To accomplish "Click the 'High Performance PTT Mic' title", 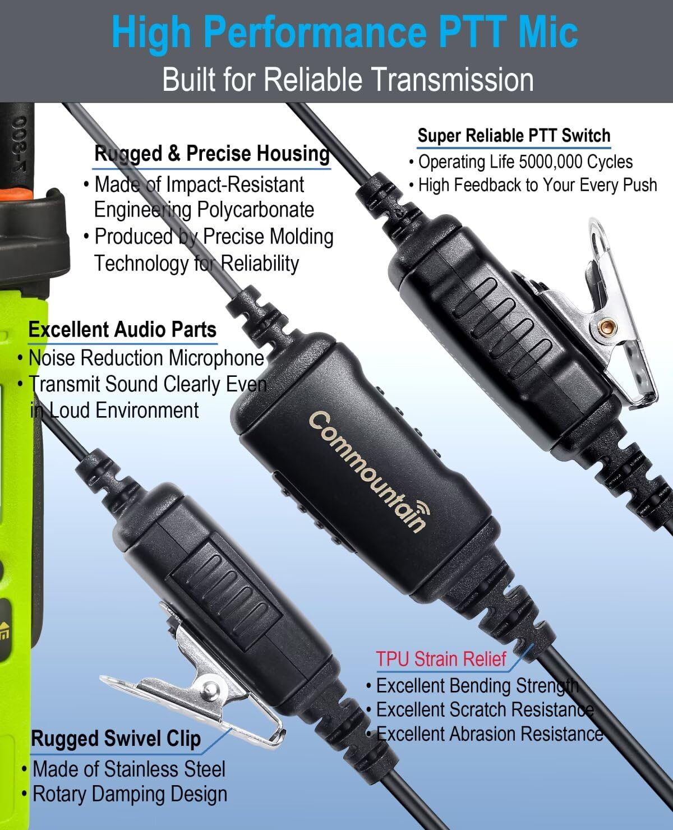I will click(x=344, y=33).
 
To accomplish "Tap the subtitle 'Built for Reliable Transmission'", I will click(x=348, y=79).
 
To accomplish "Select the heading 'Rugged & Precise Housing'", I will click(x=212, y=154).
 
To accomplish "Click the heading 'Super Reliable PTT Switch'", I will click(x=514, y=136).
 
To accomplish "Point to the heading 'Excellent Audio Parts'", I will click(x=122, y=330).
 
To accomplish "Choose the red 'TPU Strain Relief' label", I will click(x=441, y=659).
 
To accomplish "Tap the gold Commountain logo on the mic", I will click(x=365, y=470).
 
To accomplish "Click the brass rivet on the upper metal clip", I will click(x=605, y=327).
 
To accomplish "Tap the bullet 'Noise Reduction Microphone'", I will click(x=146, y=358).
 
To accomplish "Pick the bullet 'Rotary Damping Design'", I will click(x=130, y=794).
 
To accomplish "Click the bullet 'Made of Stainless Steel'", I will click(x=129, y=769).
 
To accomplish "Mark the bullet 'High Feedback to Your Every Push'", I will click(x=537, y=185).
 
